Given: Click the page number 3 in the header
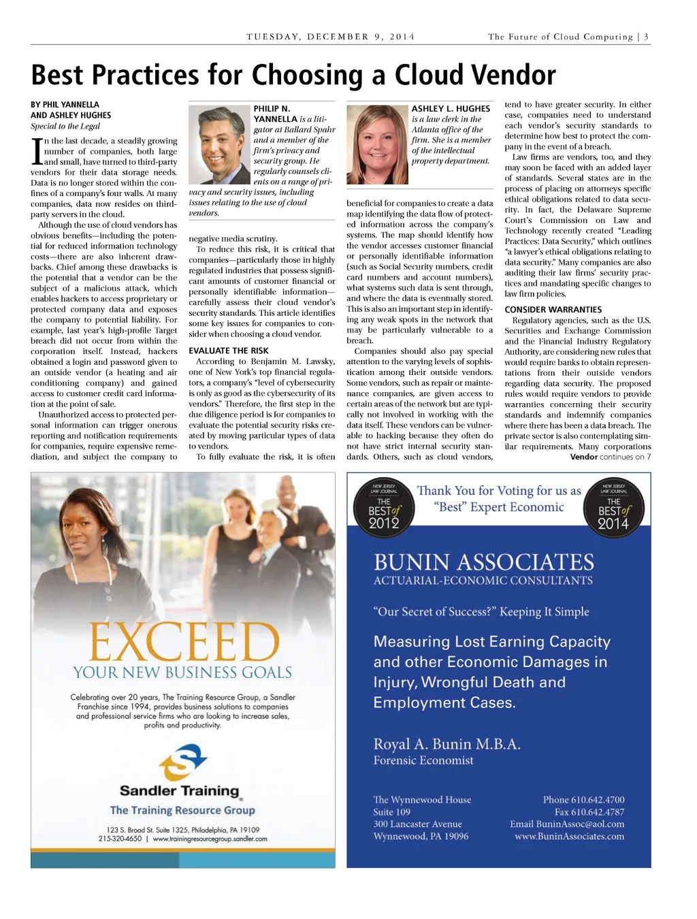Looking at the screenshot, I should click(646, 37).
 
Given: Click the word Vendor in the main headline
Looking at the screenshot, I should click(507, 75).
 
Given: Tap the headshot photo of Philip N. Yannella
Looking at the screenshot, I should click(219, 145).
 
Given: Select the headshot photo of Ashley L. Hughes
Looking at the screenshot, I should click(377, 145).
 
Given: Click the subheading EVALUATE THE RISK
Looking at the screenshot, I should click(229, 351).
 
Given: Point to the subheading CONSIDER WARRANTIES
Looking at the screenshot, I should click(553, 310).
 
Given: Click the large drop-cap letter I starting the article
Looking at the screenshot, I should click(37, 151).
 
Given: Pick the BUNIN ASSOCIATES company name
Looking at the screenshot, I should click(483, 562).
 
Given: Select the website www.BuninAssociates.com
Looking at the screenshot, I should click(569, 837).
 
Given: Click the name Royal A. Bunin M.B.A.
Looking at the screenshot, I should click(447, 744).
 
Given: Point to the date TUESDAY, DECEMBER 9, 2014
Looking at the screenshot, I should click(330, 37).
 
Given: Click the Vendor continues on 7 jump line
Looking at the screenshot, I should click(610, 457).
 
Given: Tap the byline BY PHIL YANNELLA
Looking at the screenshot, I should click(65, 105).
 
